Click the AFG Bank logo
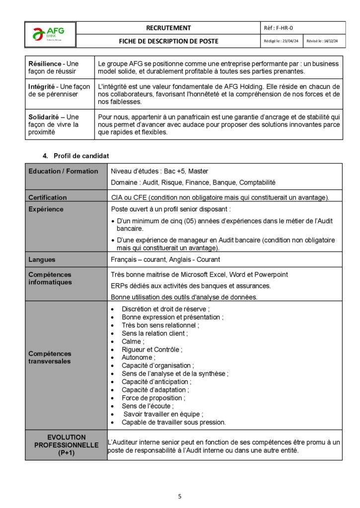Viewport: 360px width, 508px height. pyautogui.click(x=48, y=34)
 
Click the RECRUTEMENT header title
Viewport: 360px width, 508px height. pyautogui.click(x=168, y=28)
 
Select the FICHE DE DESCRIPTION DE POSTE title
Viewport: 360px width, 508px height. pyautogui.click(x=168, y=41)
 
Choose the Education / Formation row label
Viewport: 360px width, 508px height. pyautogui.click(x=63, y=171)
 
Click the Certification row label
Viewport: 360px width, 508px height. pyautogui.click(x=47, y=197)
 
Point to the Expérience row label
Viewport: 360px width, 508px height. pyautogui.click(x=46, y=209)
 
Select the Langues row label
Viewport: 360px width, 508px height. pyautogui.click(x=42, y=259)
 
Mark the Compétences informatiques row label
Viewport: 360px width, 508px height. pyautogui.click(x=50, y=278)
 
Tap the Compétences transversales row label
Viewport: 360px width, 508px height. pyautogui.click(x=50, y=357)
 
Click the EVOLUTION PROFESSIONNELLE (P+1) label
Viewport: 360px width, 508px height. pyautogui.click(x=66, y=445)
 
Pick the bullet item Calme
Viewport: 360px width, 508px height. pyautogui.click(x=133, y=342)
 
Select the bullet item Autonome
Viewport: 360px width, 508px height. pyautogui.click(x=138, y=357)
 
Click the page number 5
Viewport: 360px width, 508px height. pyautogui.click(x=180, y=496)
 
